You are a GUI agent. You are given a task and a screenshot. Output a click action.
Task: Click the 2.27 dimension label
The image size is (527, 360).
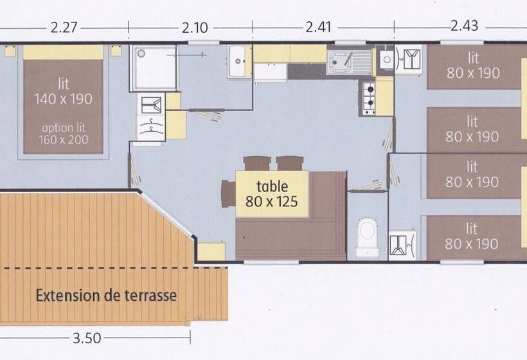tap(64, 28)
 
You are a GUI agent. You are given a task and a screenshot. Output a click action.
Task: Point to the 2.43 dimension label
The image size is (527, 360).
tap(464, 26)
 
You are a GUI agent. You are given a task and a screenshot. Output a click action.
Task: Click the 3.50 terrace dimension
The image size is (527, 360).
tap(85, 338)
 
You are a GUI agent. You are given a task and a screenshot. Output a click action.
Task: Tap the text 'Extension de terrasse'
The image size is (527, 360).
tap(106, 296)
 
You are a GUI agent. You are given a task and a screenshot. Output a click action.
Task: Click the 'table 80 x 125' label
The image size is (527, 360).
tap(272, 194)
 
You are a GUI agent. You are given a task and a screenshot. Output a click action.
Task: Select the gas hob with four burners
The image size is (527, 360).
tap(369, 98)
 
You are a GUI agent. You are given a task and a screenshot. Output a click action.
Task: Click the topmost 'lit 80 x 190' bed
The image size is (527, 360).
tap(474, 67)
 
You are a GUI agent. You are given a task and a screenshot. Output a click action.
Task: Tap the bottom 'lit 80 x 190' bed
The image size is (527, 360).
tap(472, 237)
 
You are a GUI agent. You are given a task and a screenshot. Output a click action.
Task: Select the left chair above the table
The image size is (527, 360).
tap(256, 163)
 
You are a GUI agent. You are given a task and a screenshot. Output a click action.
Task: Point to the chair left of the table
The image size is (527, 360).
tap(228, 193)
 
